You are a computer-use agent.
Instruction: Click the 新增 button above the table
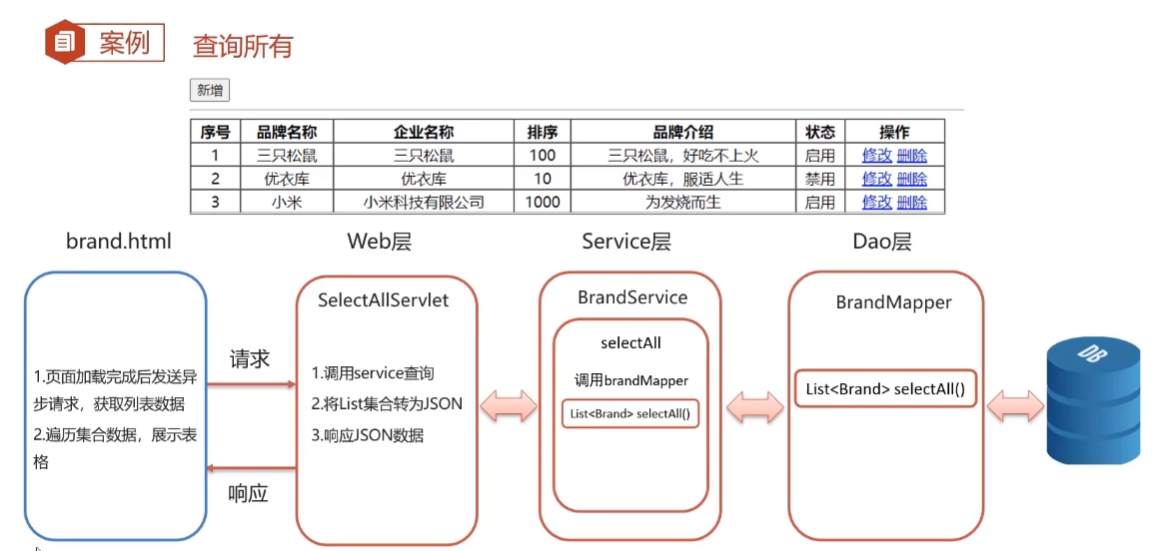point(210,91)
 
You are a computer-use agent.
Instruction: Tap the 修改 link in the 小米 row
point(876,202)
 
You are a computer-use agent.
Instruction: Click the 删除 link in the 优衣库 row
point(911,179)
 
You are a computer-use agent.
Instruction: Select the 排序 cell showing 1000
point(543,202)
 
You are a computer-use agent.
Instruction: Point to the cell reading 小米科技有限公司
point(424,202)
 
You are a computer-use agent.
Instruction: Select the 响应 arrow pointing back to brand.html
point(252,468)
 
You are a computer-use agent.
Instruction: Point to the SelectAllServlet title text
point(383,300)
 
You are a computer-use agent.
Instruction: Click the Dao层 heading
point(882,241)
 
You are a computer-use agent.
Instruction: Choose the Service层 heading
point(626,241)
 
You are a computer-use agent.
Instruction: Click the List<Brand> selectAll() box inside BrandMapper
point(885,389)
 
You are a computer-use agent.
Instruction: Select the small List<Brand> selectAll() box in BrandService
point(630,413)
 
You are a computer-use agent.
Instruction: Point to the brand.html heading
point(119,241)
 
